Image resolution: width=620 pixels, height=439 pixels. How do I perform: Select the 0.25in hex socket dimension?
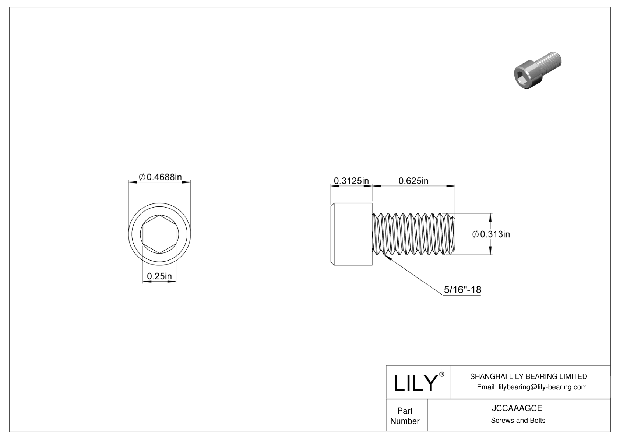(159, 276)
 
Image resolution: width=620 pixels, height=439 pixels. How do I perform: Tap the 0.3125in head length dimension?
(351, 181)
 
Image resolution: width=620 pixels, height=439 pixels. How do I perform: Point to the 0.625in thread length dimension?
(413, 181)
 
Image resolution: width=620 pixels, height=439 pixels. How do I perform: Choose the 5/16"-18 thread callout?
(462, 289)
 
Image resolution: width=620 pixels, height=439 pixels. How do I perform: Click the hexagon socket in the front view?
(159, 234)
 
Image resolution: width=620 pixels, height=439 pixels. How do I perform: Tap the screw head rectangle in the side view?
(352, 234)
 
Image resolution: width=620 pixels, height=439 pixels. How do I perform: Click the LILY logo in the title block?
(415, 383)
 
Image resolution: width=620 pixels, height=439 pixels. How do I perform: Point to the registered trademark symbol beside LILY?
(442, 374)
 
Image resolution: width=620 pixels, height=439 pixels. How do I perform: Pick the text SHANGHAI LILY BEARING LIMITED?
(528, 376)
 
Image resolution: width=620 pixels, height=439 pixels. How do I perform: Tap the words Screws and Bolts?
(518, 420)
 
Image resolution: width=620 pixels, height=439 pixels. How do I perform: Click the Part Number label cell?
(405, 416)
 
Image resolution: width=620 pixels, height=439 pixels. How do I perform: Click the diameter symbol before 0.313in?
(475, 234)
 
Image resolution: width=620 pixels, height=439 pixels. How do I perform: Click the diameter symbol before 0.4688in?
(142, 177)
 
